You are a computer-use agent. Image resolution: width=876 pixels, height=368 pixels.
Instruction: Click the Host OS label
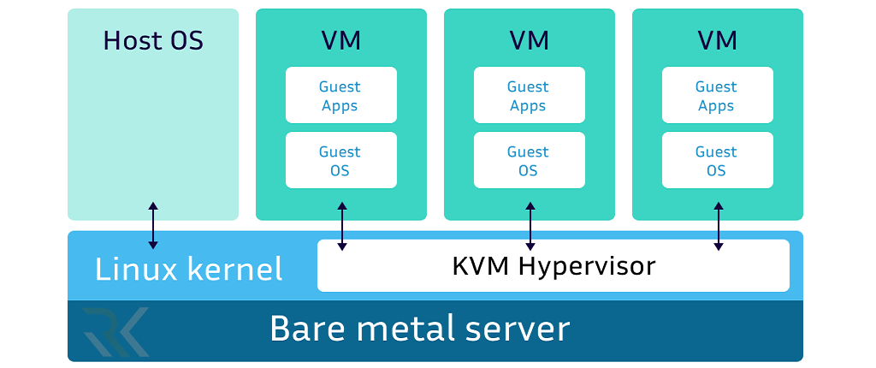click(153, 40)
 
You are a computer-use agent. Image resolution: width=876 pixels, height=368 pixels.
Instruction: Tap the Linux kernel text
click(188, 270)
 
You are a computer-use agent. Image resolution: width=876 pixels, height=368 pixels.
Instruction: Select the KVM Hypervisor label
click(553, 266)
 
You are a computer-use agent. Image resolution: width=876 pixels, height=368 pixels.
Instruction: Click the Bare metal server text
click(419, 329)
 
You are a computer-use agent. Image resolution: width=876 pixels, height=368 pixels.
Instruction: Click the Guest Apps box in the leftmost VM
click(340, 96)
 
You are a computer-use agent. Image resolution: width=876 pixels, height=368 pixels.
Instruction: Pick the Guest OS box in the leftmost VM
click(340, 161)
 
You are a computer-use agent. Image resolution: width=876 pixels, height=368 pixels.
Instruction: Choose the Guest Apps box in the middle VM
click(529, 96)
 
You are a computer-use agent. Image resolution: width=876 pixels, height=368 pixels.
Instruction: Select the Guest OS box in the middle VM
click(529, 161)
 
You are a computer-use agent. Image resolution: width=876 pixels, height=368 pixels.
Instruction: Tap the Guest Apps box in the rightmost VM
click(717, 96)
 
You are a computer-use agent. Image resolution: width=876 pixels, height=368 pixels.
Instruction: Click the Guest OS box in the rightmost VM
click(717, 161)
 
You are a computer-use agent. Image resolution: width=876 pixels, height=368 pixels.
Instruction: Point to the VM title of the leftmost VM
click(340, 40)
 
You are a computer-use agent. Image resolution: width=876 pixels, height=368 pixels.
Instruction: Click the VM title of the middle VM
click(529, 40)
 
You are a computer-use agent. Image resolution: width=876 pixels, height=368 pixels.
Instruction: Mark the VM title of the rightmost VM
click(717, 40)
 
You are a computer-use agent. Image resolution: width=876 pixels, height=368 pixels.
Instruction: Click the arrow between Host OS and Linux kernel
click(153, 226)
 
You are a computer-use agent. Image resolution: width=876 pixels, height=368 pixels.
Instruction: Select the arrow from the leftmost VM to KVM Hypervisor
click(342, 226)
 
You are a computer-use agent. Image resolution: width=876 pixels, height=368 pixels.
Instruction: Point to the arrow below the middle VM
click(530, 226)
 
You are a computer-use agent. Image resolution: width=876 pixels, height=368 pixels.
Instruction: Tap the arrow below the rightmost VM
click(718, 226)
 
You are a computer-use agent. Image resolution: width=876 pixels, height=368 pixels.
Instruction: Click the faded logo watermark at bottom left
click(115, 331)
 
